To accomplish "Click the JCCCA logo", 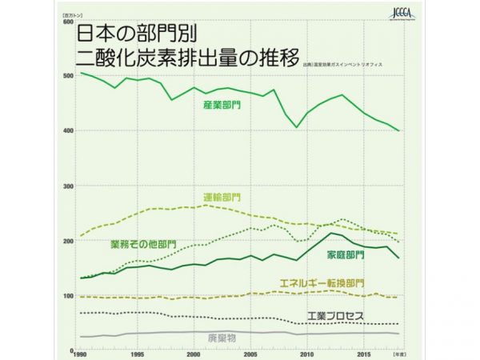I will click(398, 14).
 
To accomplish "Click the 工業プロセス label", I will click(335, 316).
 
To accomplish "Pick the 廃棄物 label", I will click(221, 338).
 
